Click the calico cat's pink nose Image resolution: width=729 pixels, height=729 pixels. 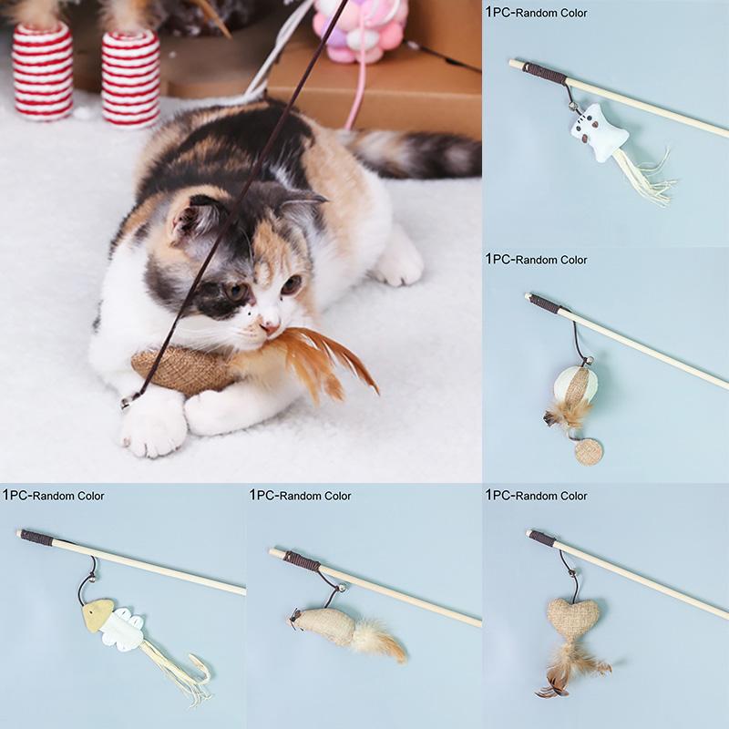(x=269, y=323)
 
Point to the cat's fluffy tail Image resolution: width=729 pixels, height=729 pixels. (x=419, y=153)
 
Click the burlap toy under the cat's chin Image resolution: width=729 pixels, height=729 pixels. (x=178, y=369)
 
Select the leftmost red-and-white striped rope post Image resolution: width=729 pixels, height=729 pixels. (x=42, y=71)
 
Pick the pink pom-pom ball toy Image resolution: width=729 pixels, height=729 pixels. (x=360, y=32)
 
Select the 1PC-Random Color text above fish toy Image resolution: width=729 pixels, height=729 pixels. (x=54, y=496)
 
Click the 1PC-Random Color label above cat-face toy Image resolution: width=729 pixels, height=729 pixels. (x=537, y=13)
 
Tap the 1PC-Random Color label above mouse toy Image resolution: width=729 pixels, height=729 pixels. (x=301, y=496)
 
